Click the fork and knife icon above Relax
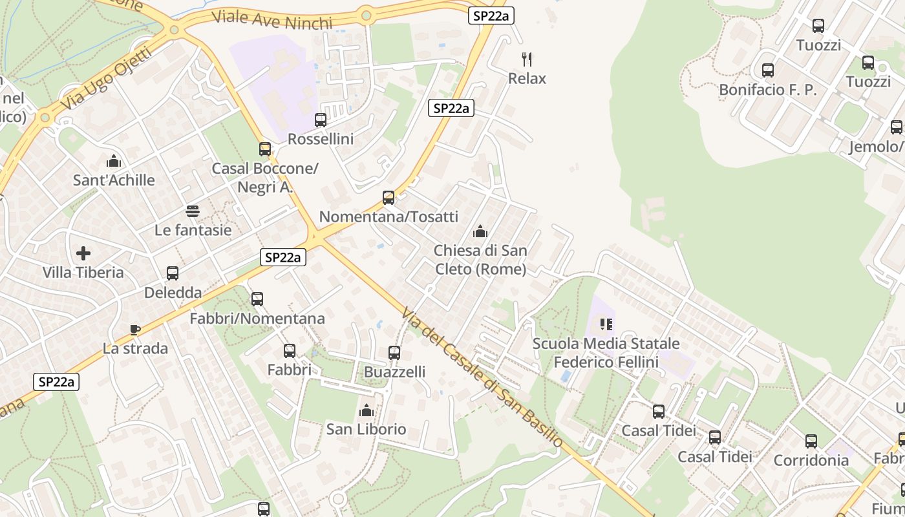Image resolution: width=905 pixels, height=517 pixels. point(527,59)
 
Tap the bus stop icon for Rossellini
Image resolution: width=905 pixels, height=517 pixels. point(321,120)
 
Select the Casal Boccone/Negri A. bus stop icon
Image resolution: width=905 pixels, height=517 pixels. point(265,149)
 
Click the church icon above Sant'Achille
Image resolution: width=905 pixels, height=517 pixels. point(114,160)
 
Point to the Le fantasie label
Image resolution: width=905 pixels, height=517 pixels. point(193,230)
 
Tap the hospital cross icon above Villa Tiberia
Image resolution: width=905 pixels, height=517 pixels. point(83,253)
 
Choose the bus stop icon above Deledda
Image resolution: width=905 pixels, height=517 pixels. point(173,273)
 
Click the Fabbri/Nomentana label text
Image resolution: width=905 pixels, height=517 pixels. point(257,319)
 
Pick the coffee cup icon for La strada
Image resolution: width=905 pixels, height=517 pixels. point(135,330)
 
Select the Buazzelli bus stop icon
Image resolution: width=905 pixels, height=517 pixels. point(394,353)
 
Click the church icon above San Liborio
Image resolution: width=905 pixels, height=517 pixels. point(366,410)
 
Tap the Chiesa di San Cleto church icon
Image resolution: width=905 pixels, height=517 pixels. point(480,231)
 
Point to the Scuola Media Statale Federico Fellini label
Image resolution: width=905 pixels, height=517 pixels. point(606,353)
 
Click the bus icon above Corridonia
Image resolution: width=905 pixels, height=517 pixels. point(811,441)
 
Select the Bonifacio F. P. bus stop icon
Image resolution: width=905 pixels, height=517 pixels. point(768,70)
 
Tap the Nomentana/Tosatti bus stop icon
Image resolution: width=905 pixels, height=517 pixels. point(389,197)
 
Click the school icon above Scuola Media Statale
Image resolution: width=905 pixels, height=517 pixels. point(606,324)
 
